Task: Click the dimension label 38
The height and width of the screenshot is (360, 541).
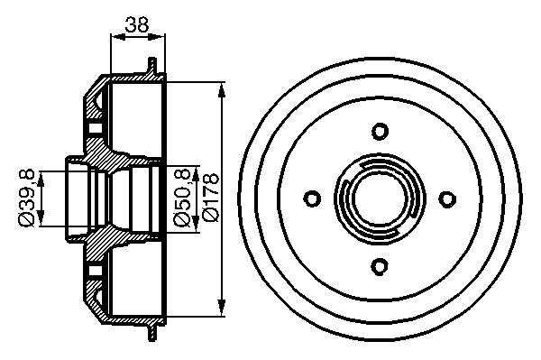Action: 137,24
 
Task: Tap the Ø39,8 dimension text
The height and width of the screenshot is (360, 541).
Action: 26,198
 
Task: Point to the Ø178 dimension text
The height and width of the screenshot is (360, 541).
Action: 211,197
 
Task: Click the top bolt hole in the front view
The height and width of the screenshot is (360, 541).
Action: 380,132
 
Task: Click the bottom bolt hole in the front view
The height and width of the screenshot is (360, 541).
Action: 380,266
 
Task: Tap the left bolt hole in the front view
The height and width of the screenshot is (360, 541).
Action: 312,198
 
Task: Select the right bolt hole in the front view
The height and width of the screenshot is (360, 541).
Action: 447,198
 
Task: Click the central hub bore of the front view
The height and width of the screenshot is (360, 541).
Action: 380,199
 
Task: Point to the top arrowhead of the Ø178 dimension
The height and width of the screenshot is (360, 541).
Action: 222,89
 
